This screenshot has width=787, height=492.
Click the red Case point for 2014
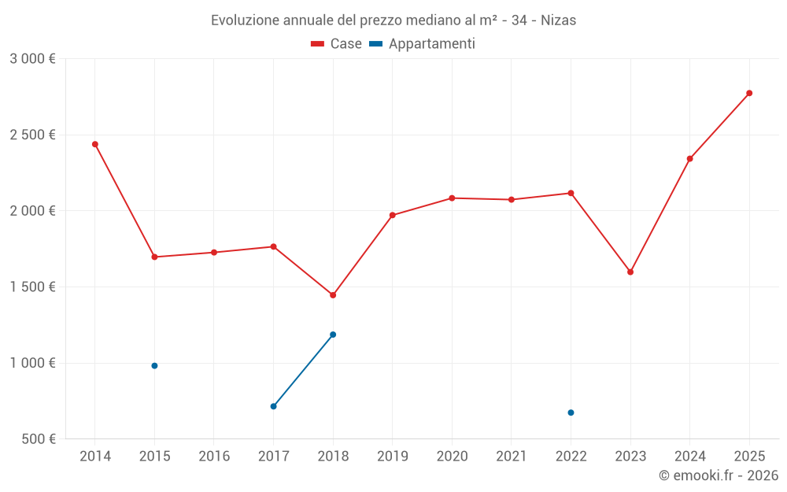tap(95, 144)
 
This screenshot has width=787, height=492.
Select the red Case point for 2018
tap(333, 295)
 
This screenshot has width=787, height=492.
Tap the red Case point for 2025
tap(749, 93)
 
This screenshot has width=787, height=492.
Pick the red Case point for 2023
tap(630, 272)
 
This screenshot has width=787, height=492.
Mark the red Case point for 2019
tap(393, 215)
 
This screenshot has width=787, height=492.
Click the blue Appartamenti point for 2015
tap(154, 365)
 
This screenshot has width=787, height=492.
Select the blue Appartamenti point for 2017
tap(273, 406)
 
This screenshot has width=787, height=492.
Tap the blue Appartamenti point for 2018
tap(333, 335)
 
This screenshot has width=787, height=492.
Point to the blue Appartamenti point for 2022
tap(571, 412)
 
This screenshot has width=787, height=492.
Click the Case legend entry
tap(337, 44)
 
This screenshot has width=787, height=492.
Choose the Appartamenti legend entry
tap(423, 44)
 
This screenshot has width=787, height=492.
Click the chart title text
tap(393, 20)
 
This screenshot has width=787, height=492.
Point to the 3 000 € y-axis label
tap(32, 59)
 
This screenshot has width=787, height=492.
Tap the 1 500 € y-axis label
tap(32, 287)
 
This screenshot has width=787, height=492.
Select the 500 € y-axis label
tap(37, 439)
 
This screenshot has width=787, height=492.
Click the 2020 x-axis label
tap(452, 457)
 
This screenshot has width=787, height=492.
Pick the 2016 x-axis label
tap(214, 457)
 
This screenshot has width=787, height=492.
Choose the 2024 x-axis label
tap(689, 457)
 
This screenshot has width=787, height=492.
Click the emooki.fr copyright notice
tap(719, 475)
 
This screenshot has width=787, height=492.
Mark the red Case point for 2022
tap(571, 193)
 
